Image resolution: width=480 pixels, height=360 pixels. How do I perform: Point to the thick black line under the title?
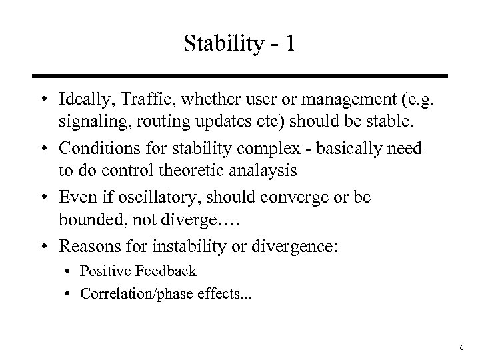coord(239,76)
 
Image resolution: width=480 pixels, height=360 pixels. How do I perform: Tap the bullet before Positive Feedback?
coord(70,271)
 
